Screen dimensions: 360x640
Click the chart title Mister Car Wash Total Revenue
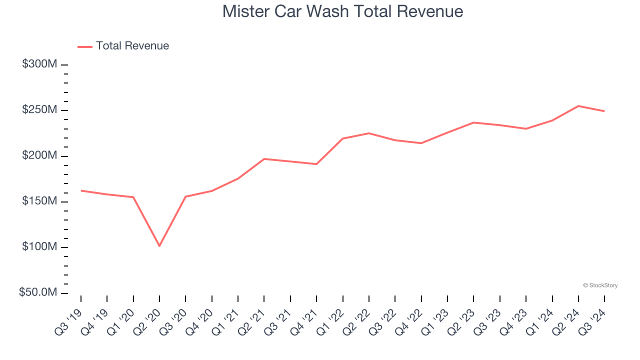[x=342, y=11]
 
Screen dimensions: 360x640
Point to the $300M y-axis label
[x=39, y=64]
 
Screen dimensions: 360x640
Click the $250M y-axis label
[x=39, y=110]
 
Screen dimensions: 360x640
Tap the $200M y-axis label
[x=39, y=156]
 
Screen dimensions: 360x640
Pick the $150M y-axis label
[x=39, y=201]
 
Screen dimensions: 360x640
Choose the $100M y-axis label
[x=39, y=247]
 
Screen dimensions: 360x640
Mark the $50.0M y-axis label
[x=38, y=292]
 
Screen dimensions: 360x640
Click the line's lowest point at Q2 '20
[x=159, y=246]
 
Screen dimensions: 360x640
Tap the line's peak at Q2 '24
[x=578, y=106]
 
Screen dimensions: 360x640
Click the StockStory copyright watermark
[x=600, y=285]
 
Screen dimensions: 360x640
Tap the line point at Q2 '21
[x=264, y=159]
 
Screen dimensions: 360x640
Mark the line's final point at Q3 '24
[x=604, y=111]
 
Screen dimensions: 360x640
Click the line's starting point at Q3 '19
[x=81, y=190]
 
